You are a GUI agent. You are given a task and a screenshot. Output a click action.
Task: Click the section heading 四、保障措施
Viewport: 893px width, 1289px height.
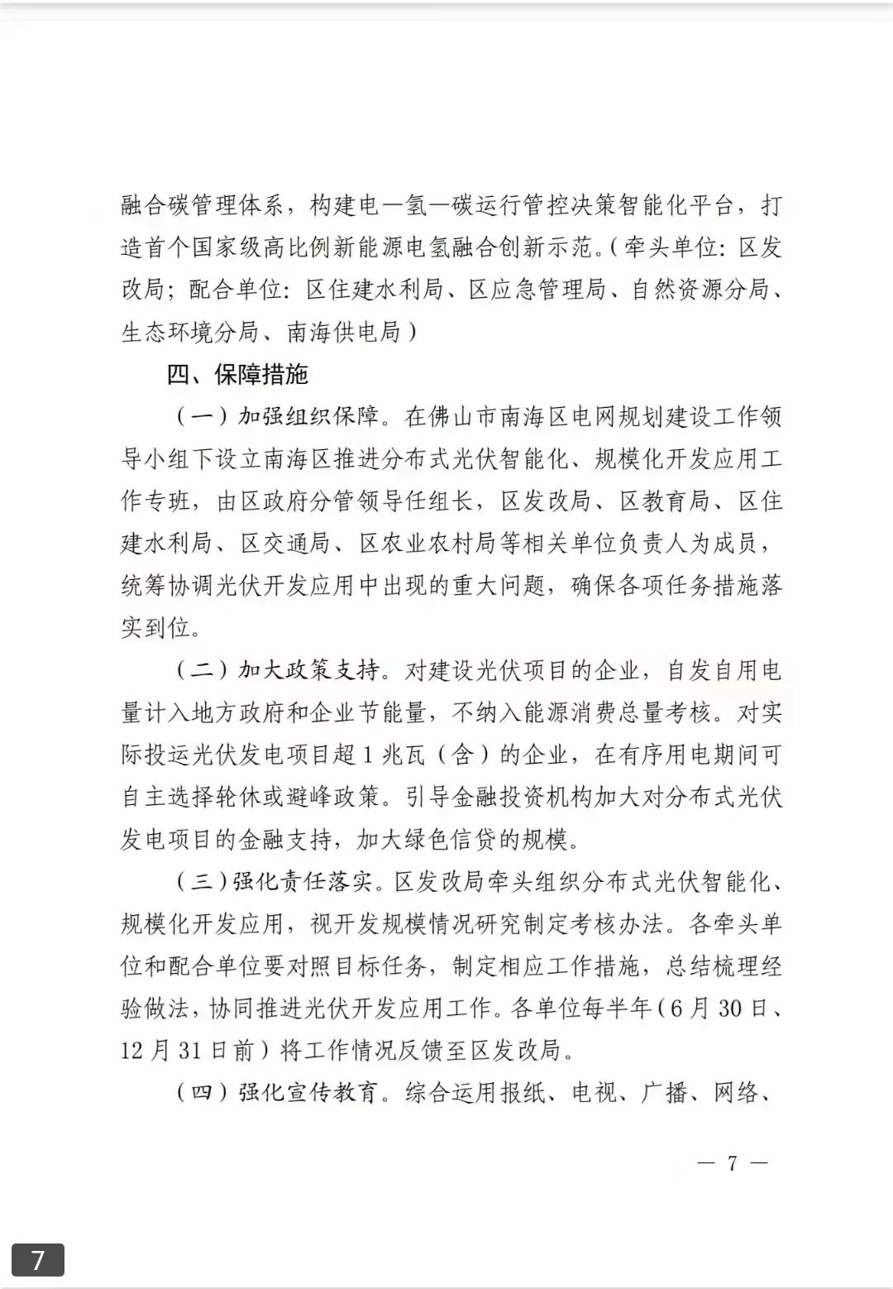[x=237, y=375]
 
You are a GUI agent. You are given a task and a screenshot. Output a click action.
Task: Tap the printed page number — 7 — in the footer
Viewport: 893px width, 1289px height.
[x=732, y=1162]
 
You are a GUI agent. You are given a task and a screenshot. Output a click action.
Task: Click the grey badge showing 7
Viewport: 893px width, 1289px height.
[x=37, y=1260]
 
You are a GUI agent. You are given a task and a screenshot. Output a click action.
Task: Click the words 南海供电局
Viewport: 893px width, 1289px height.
[x=344, y=332]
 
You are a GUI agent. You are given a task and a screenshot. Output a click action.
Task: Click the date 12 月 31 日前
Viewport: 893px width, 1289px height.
[x=187, y=1050]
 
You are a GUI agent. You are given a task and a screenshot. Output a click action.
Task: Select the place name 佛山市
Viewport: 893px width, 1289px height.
[x=463, y=416]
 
